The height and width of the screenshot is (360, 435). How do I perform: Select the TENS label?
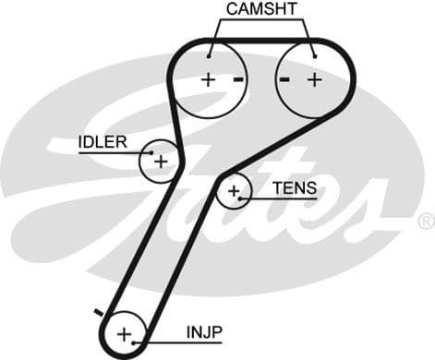pyautogui.click(x=294, y=187)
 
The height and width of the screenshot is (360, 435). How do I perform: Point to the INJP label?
pyautogui.click(x=204, y=330)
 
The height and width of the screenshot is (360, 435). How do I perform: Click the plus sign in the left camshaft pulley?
pyautogui.click(x=208, y=79)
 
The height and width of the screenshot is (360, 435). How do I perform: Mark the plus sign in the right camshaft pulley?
pyautogui.click(x=314, y=79)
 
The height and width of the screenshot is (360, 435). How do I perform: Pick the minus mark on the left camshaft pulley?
pyautogui.click(x=238, y=79)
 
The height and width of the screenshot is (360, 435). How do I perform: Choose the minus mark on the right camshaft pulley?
pyautogui.click(x=285, y=79)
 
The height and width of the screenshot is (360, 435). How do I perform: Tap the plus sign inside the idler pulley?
pyautogui.click(x=161, y=162)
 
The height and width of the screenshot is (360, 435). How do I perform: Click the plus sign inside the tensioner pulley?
pyautogui.click(x=235, y=192)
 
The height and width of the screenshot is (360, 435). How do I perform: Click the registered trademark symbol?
pyautogui.click(x=425, y=221)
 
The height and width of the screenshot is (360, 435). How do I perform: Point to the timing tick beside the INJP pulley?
pyautogui.click(x=98, y=312)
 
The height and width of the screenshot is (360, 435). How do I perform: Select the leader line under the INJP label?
pyautogui.click(x=185, y=341)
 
